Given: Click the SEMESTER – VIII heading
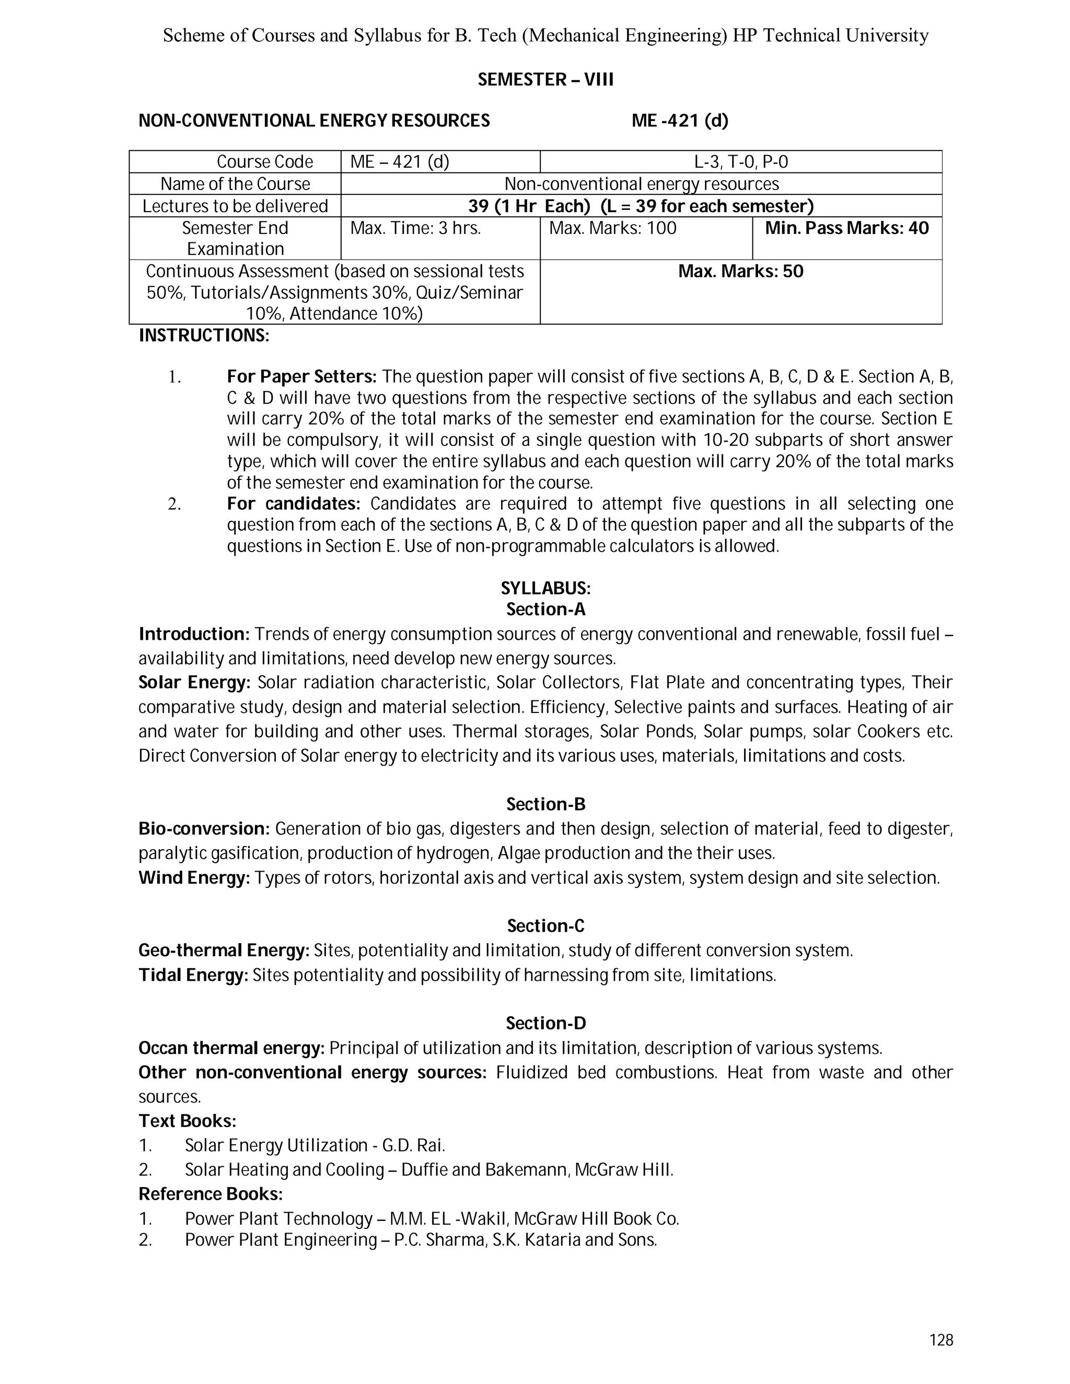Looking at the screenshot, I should (x=545, y=80).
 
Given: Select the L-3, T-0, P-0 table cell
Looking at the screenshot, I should (x=740, y=162).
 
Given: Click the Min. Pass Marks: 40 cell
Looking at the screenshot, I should (x=846, y=228).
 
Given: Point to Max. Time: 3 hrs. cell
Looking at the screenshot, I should (x=415, y=228).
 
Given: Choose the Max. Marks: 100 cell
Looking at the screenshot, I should (x=612, y=228).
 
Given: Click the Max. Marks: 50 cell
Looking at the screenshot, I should (x=740, y=272).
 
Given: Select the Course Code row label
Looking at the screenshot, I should (x=264, y=162).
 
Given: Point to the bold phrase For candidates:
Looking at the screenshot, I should (x=294, y=504).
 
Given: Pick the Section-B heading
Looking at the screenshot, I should (x=545, y=804).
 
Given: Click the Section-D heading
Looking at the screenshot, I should (x=545, y=1024).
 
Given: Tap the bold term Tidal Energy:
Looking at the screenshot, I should (x=193, y=975).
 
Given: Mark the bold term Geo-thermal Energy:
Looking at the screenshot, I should (x=224, y=951).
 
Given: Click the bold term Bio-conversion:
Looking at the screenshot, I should (x=205, y=829).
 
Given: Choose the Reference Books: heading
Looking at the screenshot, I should (x=211, y=1194).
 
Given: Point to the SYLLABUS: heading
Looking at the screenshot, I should (x=545, y=589).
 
